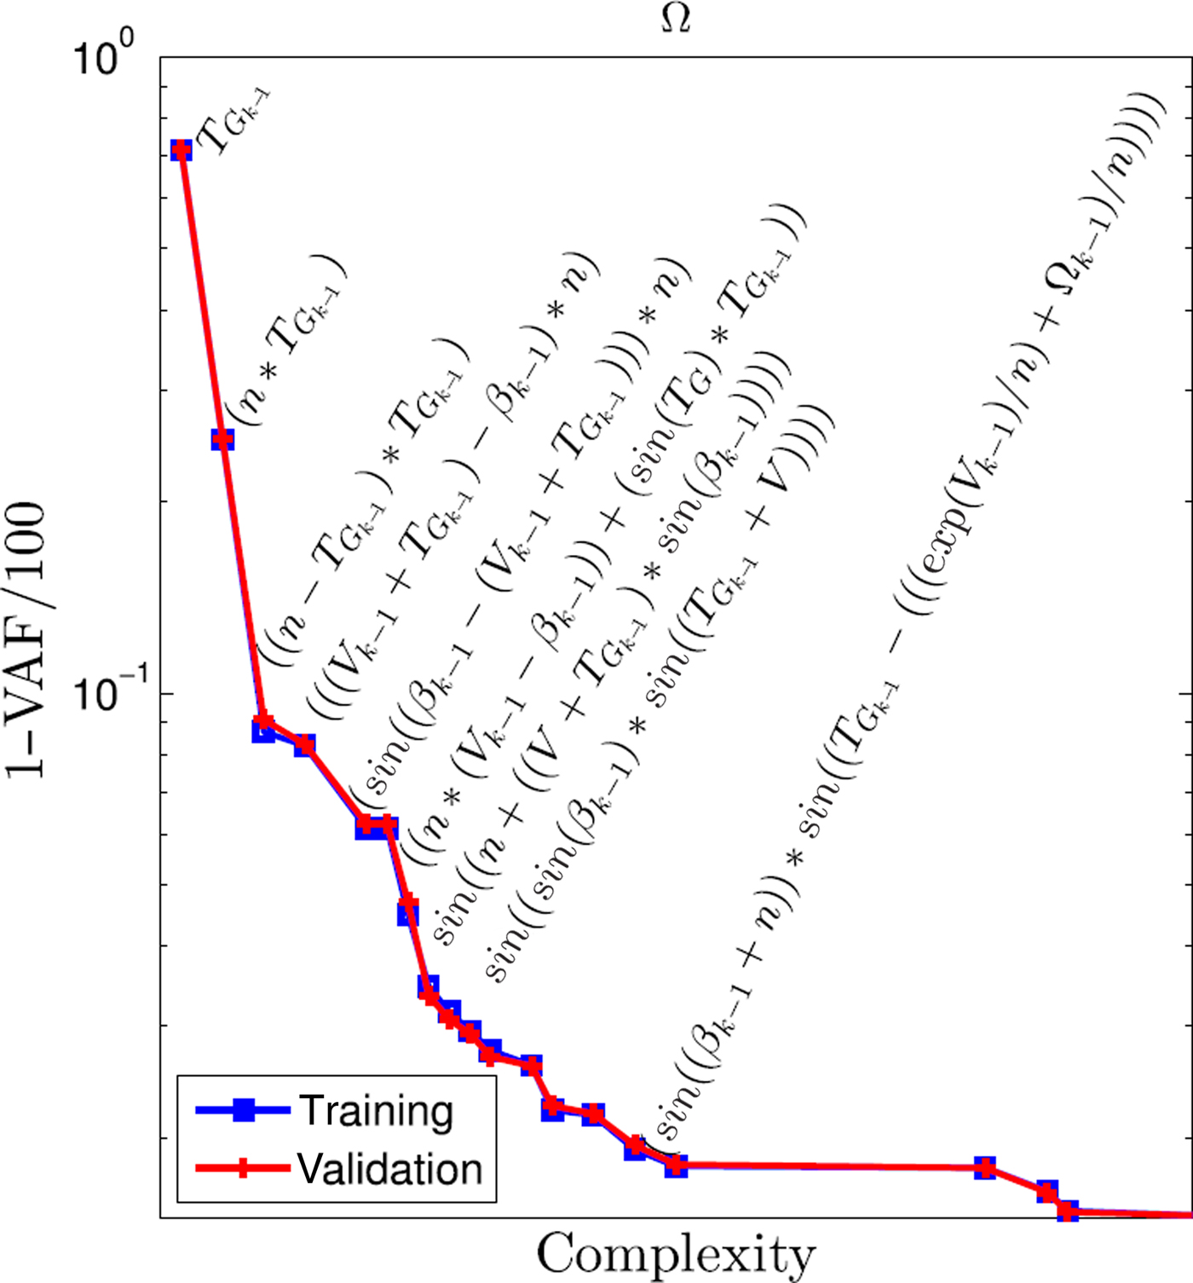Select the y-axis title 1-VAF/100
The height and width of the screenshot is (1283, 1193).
pos(26,639)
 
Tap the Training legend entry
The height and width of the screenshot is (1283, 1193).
pos(375,1111)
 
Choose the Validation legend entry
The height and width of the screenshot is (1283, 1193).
pos(390,1169)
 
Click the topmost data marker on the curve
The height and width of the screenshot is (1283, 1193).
pos(181,150)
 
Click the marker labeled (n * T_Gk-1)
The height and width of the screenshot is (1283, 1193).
pos(222,439)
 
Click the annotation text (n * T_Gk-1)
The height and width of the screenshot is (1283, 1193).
pos(290,341)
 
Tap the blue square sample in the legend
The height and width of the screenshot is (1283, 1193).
pos(244,1110)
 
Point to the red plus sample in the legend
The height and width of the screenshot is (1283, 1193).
pos(244,1168)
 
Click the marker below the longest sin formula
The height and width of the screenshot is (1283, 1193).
pos(676,1165)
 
